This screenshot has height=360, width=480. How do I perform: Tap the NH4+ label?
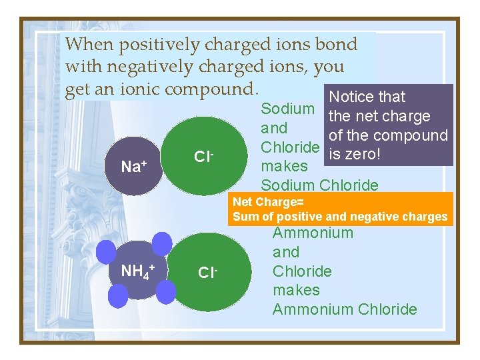(x=137, y=271)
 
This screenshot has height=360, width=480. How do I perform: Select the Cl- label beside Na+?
(x=203, y=157)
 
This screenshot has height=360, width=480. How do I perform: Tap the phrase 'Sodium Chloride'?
(x=319, y=185)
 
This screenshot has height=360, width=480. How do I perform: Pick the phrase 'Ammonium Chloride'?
(x=345, y=309)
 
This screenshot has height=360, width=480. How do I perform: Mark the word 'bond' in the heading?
(x=336, y=45)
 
